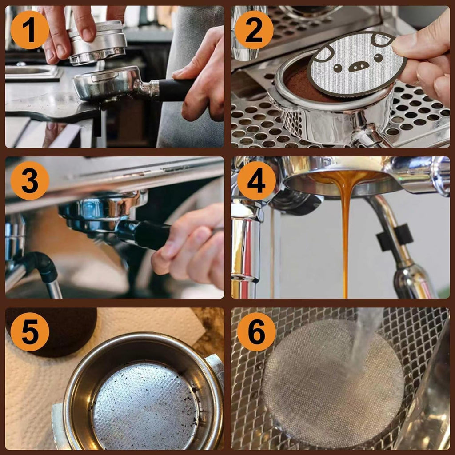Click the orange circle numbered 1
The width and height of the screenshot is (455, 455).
30,30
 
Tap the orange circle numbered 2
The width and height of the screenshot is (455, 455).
254,30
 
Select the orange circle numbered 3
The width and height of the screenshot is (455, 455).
30,180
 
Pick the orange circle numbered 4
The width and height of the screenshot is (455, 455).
256,180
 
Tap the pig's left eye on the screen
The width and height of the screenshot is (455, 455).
337,68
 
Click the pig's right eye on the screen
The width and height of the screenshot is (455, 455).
378,58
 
